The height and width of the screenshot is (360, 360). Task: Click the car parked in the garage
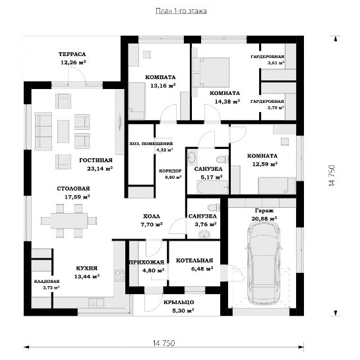pos(264,263)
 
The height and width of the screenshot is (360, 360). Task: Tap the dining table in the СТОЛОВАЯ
pos(69,221)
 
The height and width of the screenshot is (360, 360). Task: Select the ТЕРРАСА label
pos(72,54)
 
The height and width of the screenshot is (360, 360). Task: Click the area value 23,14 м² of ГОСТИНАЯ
pos(100,169)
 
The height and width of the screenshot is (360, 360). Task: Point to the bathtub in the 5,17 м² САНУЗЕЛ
pos(213,187)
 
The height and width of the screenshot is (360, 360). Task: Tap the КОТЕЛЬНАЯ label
pos(195,260)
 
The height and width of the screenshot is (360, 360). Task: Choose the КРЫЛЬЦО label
pos(179,302)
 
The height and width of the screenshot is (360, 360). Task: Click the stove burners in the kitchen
pos(119,276)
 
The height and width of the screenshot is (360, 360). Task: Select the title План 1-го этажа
pos(181,11)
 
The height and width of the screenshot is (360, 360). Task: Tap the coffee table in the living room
pos(63,131)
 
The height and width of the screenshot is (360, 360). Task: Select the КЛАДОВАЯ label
pos(47,282)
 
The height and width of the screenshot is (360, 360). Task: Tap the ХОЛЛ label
pos(152,216)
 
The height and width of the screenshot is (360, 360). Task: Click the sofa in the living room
pos(43,131)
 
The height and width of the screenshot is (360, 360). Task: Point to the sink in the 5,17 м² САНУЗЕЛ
pos(191,158)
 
